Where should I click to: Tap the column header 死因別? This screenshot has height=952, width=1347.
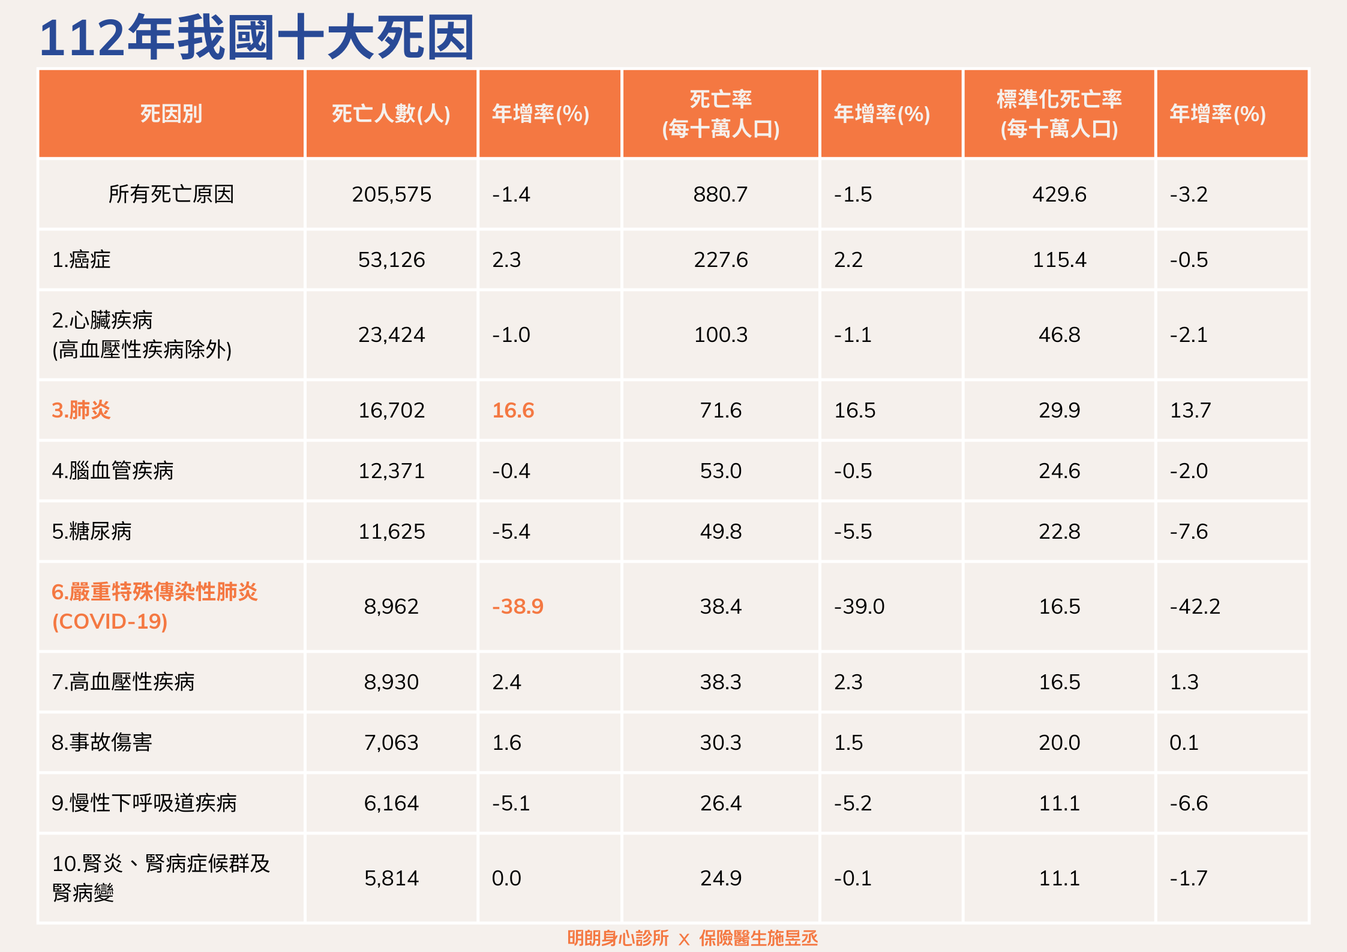point(171,113)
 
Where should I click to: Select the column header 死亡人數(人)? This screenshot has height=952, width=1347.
point(391,113)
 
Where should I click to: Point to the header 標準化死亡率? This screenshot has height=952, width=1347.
point(1059,99)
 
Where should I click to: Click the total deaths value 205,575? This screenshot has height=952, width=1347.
point(391,194)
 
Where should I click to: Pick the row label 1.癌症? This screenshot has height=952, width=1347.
point(82,260)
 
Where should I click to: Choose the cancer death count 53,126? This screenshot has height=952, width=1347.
point(391,260)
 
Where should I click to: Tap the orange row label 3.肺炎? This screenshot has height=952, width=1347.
point(81,410)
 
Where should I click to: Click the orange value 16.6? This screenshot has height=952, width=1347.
point(513,410)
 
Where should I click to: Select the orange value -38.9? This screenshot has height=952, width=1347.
point(517,606)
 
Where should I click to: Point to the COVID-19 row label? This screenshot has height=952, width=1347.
point(154,606)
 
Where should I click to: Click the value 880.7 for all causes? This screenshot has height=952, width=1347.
point(720,194)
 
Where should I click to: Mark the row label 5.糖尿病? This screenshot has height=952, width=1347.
point(92,531)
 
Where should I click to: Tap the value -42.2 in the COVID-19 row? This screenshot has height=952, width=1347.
point(1195,606)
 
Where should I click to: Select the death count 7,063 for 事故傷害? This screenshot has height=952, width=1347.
point(391,743)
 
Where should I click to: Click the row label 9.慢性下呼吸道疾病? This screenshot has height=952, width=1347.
point(144,803)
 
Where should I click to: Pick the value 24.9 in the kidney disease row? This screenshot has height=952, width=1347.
point(721,878)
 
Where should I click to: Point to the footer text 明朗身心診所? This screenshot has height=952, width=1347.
point(618,938)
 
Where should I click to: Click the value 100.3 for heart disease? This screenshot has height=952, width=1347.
point(721,335)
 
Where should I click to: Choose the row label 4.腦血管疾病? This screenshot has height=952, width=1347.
point(113,471)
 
